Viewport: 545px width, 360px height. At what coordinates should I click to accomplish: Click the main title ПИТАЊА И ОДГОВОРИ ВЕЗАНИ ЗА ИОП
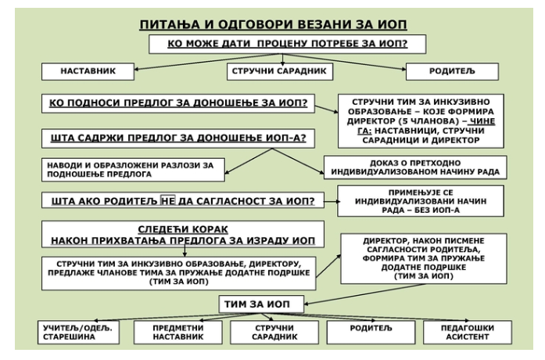click(273, 25)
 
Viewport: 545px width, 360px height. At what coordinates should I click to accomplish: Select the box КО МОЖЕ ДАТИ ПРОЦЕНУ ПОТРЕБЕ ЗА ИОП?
click(288, 44)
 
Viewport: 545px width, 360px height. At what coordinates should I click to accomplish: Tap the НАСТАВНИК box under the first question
click(88, 71)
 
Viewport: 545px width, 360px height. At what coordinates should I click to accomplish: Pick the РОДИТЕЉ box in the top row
click(452, 71)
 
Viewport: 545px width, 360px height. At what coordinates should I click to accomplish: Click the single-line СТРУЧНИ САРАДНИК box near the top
click(280, 71)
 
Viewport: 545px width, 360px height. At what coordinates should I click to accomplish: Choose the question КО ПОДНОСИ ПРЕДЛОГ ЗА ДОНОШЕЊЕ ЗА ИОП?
click(178, 103)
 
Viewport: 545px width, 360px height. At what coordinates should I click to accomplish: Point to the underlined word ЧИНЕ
click(482, 121)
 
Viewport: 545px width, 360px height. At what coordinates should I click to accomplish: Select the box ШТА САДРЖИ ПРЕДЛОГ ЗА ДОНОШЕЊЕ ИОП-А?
click(178, 139)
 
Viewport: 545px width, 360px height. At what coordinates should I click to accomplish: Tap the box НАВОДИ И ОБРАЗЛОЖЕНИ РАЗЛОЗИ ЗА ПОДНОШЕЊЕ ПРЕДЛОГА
click(133, 170)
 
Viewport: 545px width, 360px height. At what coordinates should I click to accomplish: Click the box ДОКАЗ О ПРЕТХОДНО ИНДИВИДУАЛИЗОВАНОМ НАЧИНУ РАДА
click(415, 167)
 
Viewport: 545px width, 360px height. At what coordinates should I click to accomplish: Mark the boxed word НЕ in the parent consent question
click(167, 200)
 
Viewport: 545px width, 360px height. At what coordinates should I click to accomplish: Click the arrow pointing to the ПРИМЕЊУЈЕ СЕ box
click(332, 201)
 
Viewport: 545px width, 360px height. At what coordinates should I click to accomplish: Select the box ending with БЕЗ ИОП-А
click(421, 201)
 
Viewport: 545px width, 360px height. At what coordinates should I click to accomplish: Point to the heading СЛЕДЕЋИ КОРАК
click(183, 229)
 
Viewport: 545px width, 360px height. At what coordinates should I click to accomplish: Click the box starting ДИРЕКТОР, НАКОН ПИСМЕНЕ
click(424, 258)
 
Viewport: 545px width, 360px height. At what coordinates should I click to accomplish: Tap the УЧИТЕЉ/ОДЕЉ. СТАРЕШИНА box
click(78, 332)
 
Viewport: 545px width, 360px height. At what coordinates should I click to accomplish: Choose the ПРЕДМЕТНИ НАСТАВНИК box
click(178, 332)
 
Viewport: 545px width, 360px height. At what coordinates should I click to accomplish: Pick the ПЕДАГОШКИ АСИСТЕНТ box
click(468, 332)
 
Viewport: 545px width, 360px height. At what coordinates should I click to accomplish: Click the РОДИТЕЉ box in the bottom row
click(371, 332)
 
